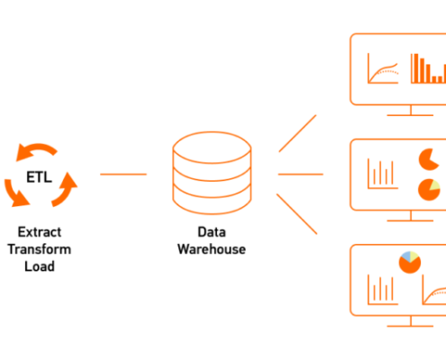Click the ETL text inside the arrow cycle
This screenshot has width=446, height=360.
[x=39, y=177]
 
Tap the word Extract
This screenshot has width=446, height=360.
[x=40, y=232]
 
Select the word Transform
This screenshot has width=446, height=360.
[x=40, y=249]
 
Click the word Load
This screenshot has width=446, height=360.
[x=40, y=266]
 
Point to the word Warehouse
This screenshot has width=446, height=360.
[x=212, y=249]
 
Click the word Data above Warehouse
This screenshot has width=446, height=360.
[x=212, y=232]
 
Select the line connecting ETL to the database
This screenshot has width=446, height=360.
[x=123, y=174]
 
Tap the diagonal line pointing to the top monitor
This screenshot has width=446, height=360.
[x=297, y=133]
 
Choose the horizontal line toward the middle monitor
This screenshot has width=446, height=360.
[x=301, y=174]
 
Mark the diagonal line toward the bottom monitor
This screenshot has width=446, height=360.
[x=296, y=214]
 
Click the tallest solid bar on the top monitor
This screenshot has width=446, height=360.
[x=414, y=68]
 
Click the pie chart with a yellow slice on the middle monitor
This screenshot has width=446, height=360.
[x=429, y=190]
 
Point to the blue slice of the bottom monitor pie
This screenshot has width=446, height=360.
[x=405, y=256]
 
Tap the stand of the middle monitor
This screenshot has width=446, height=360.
[x=410, y=217]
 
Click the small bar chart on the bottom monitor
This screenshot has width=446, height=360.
[x=381, y=292]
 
